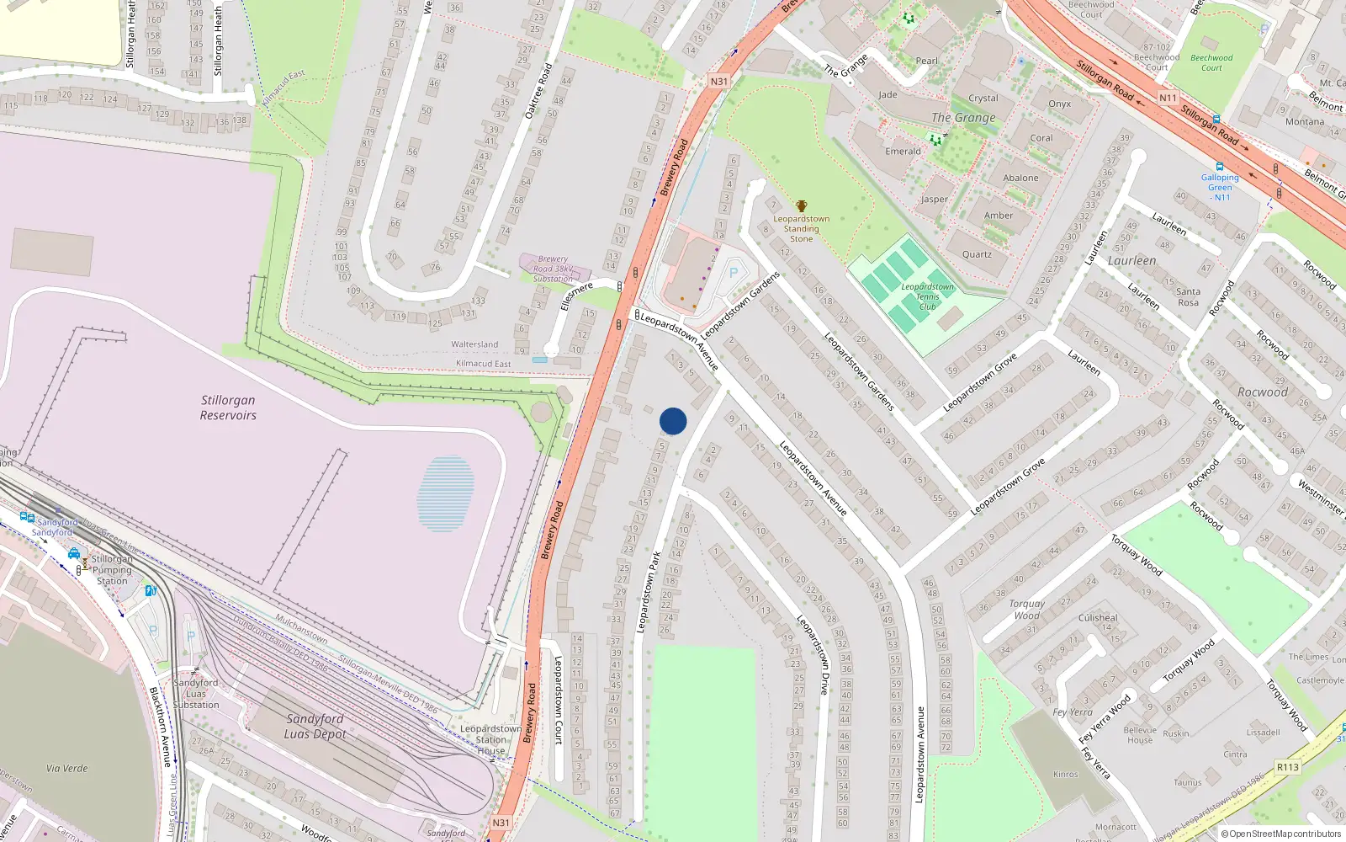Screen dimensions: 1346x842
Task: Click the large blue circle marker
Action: (x=673, y=421)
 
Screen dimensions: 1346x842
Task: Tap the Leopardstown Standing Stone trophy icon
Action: (x=801, y=206)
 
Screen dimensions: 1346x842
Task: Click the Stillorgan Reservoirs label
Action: (x=228, y=408)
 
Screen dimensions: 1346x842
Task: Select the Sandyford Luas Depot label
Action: (x=315, y=726)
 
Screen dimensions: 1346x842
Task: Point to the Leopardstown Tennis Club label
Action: (x=927, y=296)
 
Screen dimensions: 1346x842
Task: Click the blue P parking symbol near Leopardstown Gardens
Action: (x=734, y=272)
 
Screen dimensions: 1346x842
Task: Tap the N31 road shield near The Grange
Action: (x=718, y=82)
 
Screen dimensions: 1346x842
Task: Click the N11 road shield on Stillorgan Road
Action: (x=1168, y=98)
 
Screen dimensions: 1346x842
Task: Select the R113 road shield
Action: (x=1287, y=767)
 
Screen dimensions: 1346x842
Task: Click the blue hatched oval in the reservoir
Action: (x=445, y=493)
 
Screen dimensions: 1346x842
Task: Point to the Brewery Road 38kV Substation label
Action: (x=553, y=269)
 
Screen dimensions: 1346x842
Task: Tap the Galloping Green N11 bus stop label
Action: (x=1220, y=187)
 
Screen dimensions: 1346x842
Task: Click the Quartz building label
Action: (x=977, y=254)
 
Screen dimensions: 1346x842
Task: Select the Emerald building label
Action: (x=903, y=152)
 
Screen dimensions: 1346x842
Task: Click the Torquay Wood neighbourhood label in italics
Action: (x=1026, y=610)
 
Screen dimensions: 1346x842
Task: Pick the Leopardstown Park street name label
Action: (x=647, y=592)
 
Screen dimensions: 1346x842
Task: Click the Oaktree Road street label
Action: (x=538, y=91)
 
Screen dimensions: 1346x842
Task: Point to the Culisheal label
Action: (x=1098, y=617)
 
